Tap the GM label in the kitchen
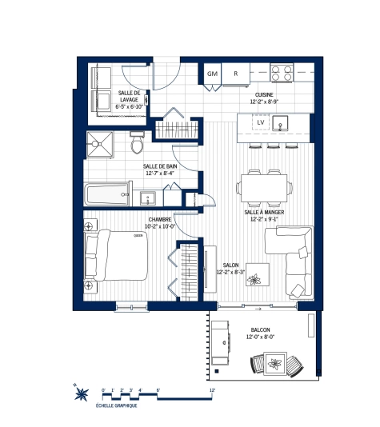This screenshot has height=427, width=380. pyautogui.click(x=212, y=73)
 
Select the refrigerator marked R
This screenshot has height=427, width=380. pyautogui.click(x=236, y=73)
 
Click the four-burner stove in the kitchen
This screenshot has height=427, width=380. pyautogui.click(x=282, y=73)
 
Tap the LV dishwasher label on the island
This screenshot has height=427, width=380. pyautogui.click(x=261, y=122)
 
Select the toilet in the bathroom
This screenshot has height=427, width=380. pyautogui.click(x=137, y=146)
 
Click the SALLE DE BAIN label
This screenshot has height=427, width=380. pyautogui.click(x=159, y=170)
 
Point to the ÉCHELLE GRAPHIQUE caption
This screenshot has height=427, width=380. pyautogui.click(x=116, y=406)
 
